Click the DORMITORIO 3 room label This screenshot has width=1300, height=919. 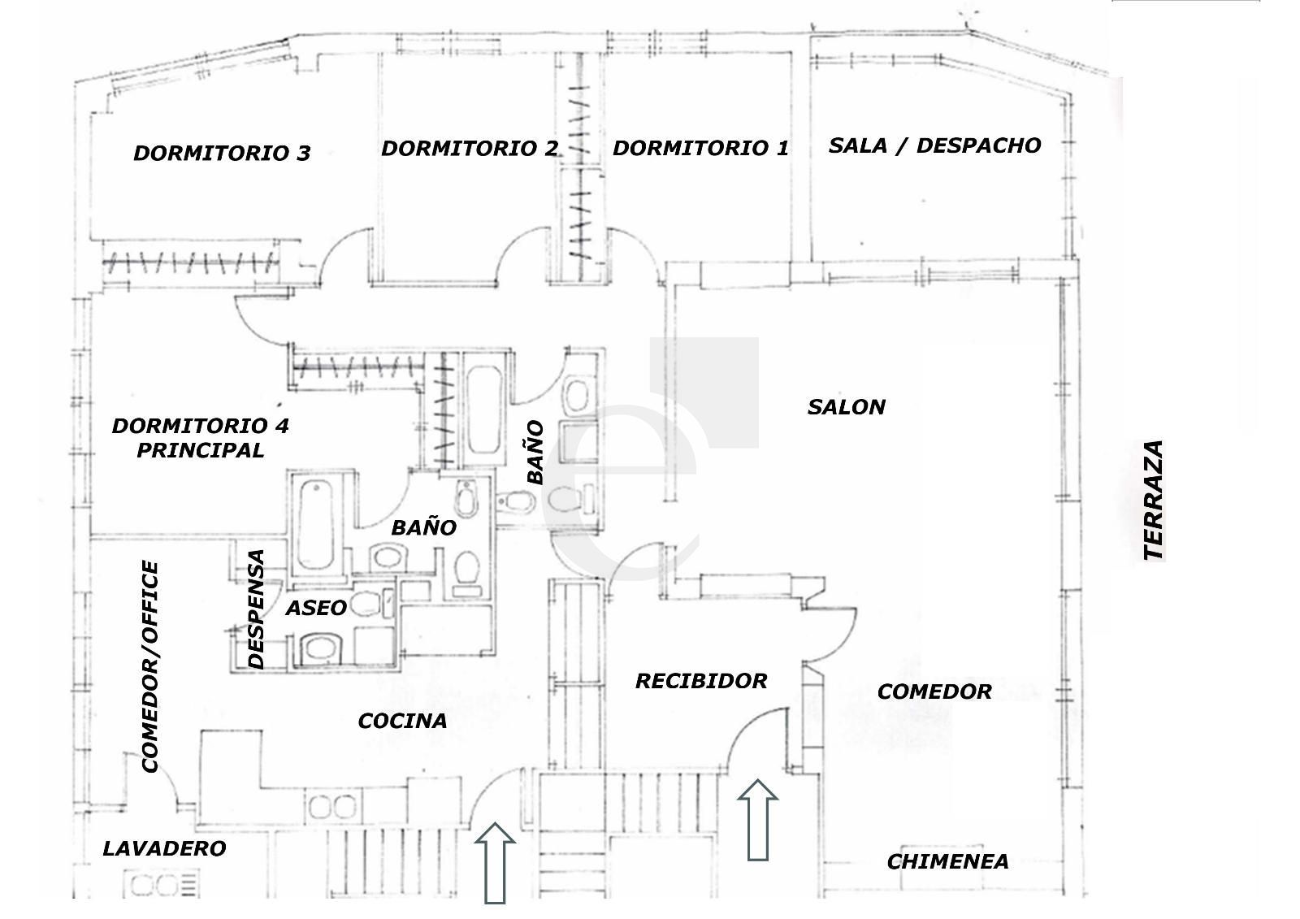pyautogui.click(x=223, y=154)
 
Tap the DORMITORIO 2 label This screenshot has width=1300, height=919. pyautogui.click(x=470, y=149)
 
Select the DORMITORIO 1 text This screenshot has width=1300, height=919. pyautogui.click(x=701, y=148)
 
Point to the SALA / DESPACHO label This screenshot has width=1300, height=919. pyautogui.click(x=935, y=145)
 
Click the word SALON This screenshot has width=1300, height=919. pyautogui.click(x=847, y=407)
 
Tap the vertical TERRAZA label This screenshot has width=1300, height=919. pyautogui.click(x=1154, y=500)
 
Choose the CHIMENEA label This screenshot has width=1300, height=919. pyautogui.click(x=947, y=861)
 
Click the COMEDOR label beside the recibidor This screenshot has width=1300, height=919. pyautogui.click(x=935, y=691)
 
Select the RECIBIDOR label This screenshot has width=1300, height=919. pyautogui.click(x=702, y=680)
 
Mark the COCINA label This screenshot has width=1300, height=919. pyautogui.click(x=403, y=721)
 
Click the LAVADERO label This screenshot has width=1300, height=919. pyautogui.click(x=165, y=849)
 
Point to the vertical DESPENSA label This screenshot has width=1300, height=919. pyautogui.click(x=256, y=609)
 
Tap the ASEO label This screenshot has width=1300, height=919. pyautogui.click(x=317, y=608)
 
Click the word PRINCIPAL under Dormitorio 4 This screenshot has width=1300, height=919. pyautogui.click(x=201, y=450)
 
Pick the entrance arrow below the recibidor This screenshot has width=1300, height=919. pyautogui.click(x=758, y=819)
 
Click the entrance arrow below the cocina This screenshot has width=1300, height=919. pyautogui.click(x=495, y=863)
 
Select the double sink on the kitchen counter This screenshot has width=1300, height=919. pyautogui.click(x=332, y=807)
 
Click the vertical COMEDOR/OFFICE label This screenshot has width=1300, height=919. pyautogui.click(x=150, y=666)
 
